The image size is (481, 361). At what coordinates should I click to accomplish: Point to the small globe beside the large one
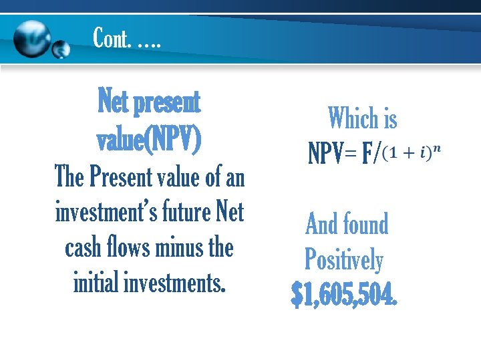coord(61,50)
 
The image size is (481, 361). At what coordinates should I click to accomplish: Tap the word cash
coord(84,248)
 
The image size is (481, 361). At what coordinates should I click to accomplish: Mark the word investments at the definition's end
coord(176,283)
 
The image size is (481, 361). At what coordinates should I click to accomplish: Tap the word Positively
coord(344,259)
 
